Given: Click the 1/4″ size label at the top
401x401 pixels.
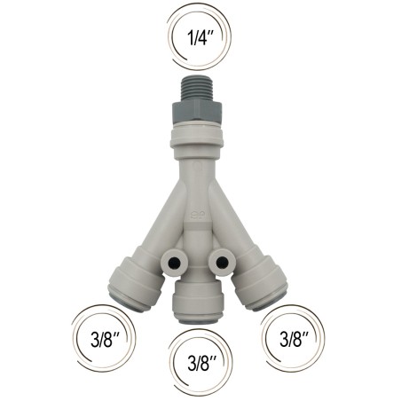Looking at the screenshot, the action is pos(200,37).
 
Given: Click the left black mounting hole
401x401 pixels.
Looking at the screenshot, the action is pos(175,262).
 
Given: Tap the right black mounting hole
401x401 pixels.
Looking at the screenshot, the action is pos(222,262).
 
